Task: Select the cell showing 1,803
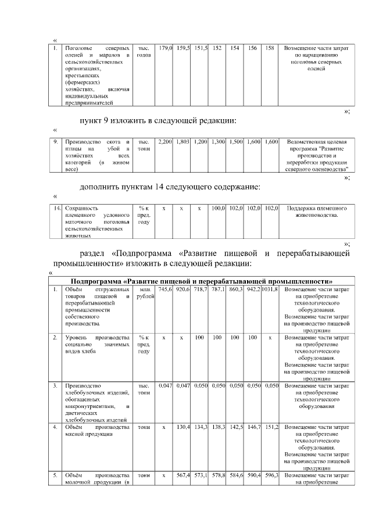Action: click(x=184, y=142)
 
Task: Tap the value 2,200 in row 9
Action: click(x=166, y=142)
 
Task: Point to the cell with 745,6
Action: click(x=166, y=289)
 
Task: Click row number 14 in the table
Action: click(x=56, y=207)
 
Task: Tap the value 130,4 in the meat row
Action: click(x=184, y=427)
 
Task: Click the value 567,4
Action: click(x=184, y=475)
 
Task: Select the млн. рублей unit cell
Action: click(x=144, y=293)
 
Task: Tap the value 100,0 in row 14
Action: click(x=218, y=207)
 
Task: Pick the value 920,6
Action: click(x=184, y=289)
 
